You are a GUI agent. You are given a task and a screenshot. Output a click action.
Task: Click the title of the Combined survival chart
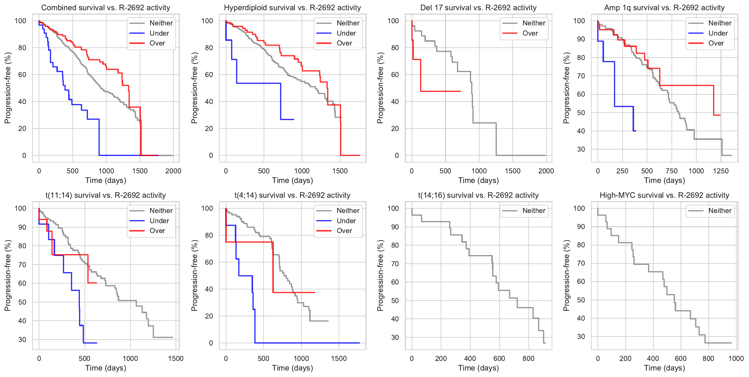point(106,8)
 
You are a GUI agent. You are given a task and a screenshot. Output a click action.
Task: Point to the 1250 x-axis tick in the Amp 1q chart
point(721,171)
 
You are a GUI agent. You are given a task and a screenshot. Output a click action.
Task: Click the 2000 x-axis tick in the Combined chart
point(173,171)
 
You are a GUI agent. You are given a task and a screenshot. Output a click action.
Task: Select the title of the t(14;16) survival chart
point(478,195)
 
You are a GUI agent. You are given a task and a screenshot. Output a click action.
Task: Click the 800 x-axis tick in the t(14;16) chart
point(528,358)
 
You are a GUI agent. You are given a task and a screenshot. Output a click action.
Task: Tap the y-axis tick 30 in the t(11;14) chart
point(22,340)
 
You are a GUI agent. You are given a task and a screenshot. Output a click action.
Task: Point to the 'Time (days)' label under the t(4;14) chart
point(292,368)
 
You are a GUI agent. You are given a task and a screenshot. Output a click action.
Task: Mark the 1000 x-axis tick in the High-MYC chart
point(736,358)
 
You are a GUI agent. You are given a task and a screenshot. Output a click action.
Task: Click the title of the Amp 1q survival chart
point(664,8)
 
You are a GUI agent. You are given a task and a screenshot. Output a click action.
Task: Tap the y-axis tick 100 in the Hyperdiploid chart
point(207,21)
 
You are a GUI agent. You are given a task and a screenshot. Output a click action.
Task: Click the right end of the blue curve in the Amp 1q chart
point(636,131)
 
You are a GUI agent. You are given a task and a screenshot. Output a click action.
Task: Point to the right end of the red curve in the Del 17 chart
point(460,91)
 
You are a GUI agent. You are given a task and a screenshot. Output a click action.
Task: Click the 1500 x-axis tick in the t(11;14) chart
point(176,358)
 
